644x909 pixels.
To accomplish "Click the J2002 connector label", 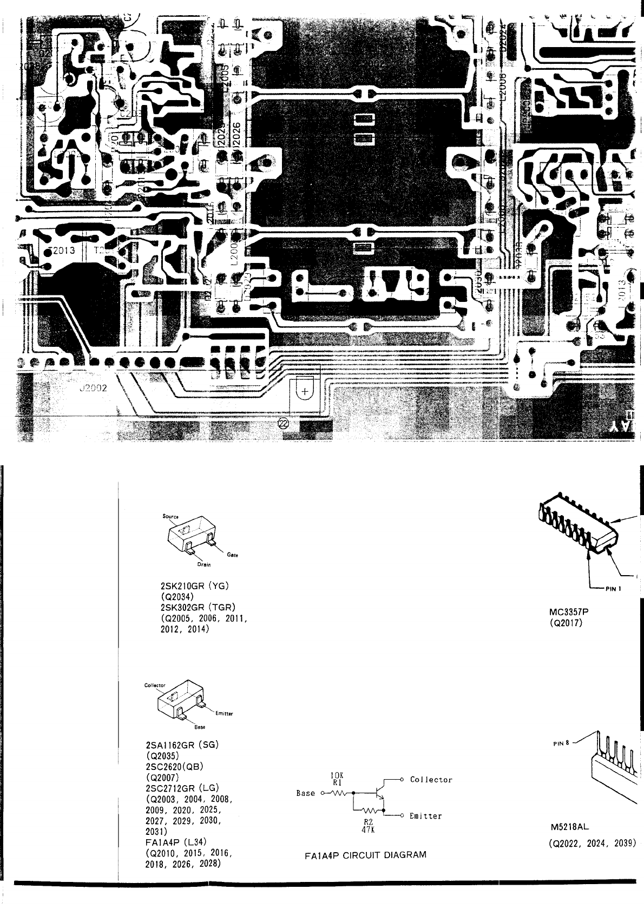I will (x=93, y=388).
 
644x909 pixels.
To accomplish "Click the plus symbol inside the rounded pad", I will (x=305, y=391).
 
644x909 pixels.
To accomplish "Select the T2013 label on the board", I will (x=61, y=251).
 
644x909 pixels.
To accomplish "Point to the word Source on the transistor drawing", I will (x=170, y=516).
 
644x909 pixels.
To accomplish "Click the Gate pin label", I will (x=233, y=555).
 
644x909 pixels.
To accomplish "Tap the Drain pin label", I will (x=204, y=564).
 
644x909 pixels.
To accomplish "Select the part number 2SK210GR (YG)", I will (x=190, y=586).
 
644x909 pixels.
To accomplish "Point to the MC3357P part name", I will (x=568, y=612).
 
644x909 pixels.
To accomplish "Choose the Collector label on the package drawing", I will (x=155, y=685).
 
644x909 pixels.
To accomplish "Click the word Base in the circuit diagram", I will (x=306, y=793).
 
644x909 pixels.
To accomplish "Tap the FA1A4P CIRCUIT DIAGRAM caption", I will (x=365, y=855).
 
